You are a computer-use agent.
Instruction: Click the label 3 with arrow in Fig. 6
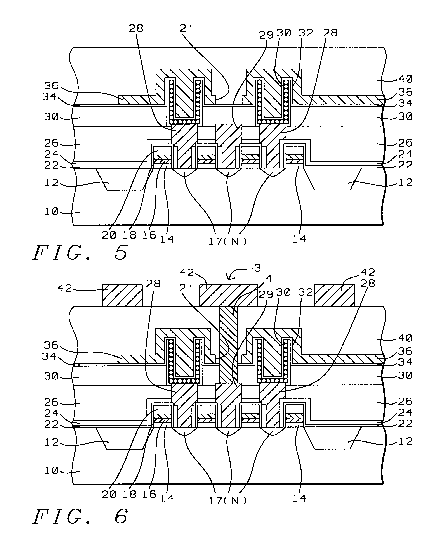click(x=257, y=268)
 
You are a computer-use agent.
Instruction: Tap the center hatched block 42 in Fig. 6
click(x=228, y=295)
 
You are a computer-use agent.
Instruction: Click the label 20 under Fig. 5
click(x=109, y=235)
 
